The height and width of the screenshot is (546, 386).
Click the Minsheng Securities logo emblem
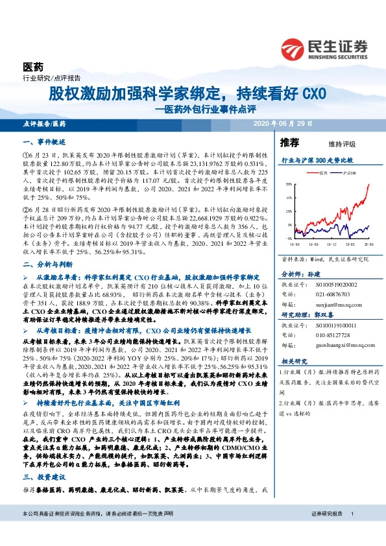294,48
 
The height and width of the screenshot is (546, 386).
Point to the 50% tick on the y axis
288,184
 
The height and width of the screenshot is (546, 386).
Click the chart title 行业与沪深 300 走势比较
317,160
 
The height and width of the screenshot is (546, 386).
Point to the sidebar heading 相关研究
293,360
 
